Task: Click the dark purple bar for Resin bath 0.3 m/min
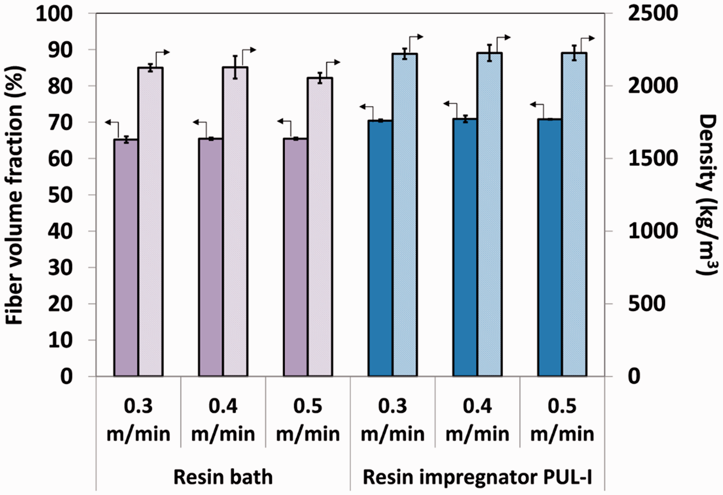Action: [x=126, y=258]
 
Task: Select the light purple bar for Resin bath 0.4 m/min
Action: [x=235, y=222]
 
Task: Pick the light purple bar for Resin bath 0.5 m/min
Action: [x=320, y=227]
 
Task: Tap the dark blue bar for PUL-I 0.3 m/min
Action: [x=380, y=248]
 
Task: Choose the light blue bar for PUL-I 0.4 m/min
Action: [x=490, y=214]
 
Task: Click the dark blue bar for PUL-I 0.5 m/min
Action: [x=550, y=248]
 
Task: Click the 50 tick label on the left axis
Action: [x=60, y=195]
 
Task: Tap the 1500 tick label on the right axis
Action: [x=653, y=158]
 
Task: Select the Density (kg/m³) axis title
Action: [x=707, y=195]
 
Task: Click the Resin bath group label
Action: [x=223, y=477]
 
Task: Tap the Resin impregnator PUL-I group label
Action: [x=477, y=477]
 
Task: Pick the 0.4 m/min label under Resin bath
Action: [x=223, y=420]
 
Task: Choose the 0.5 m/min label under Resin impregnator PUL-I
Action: [x=562, y=420]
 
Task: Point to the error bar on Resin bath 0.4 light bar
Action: [x=235, y=67]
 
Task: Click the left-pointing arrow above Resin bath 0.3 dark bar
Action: [x=112, y=128]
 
